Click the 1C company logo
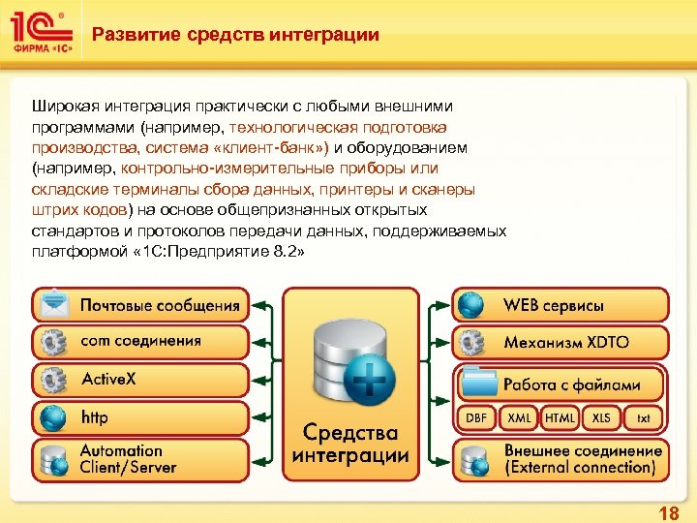tap(41, 31)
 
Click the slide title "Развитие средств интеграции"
tap(235, 36)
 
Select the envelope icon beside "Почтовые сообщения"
tap(54, 305)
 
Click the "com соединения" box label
tap(140, 341)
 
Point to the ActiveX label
tap(108, 379)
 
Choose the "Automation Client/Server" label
tap(128, 459)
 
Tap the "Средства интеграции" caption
tap(350, 443)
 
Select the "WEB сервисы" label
tap(553, 305)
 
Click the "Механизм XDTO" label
tap(565, 342)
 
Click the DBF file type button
tap(476, 417)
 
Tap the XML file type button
tap(520, 417)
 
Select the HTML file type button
tap(560, 417)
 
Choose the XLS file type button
tap(601, 417)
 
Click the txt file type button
tap(643, 417)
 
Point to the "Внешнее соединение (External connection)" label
tap(582, 459)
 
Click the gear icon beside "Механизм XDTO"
tap(473, 342)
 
